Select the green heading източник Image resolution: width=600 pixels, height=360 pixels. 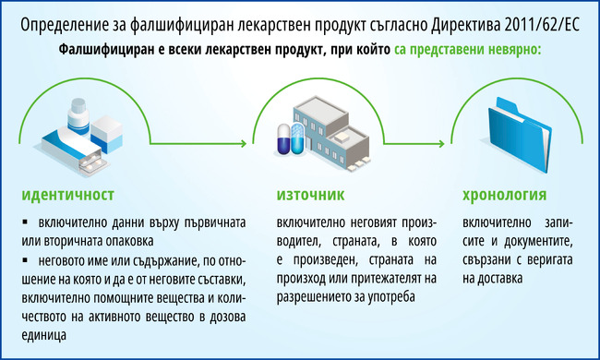[310, 195]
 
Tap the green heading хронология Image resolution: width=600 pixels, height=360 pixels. [504, 195]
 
